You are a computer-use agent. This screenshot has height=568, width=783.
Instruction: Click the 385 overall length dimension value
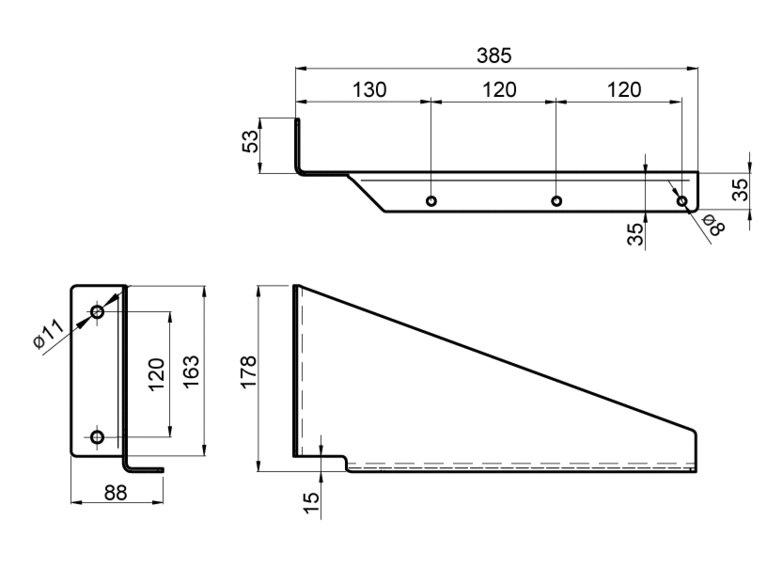[x=493, y=55]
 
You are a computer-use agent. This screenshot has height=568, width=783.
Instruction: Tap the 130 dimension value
[x=369, y=90]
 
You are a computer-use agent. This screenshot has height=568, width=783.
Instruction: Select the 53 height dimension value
[x=251, y=141]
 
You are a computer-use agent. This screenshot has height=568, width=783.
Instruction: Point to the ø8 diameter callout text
[x=713, y=225]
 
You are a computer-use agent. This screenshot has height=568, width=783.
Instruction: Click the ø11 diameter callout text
[x=49, y=333]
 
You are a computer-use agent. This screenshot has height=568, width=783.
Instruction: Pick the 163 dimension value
[x=191, y=371]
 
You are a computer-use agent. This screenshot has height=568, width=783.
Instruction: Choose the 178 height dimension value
[x=249, y=371]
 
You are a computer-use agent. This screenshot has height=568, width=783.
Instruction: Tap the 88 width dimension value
[x=116, y=493]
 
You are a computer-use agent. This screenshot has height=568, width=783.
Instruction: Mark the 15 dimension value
[x=310, y=503]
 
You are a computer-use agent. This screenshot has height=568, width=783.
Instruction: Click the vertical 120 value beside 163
[x=156, y=374]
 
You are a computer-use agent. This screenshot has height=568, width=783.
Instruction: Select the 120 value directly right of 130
[x=499, y=90]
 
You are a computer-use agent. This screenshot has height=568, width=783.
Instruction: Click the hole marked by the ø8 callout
[x=681, y=201]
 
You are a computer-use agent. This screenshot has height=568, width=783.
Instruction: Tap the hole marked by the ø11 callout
[x=98, y=312]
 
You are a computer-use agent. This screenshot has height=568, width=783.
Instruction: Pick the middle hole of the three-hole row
[x=556, y=201]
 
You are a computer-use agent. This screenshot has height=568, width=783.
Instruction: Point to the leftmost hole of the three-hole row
[x=431, y=201]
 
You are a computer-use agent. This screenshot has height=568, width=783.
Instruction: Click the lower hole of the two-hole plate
[x=98, y=437]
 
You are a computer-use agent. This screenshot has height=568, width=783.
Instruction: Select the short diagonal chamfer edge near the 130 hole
[x=367, y=193]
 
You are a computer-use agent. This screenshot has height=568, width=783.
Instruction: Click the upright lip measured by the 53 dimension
[x=297, y=145]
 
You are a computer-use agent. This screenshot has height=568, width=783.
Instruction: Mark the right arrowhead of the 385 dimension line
[x=693, y=68]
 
